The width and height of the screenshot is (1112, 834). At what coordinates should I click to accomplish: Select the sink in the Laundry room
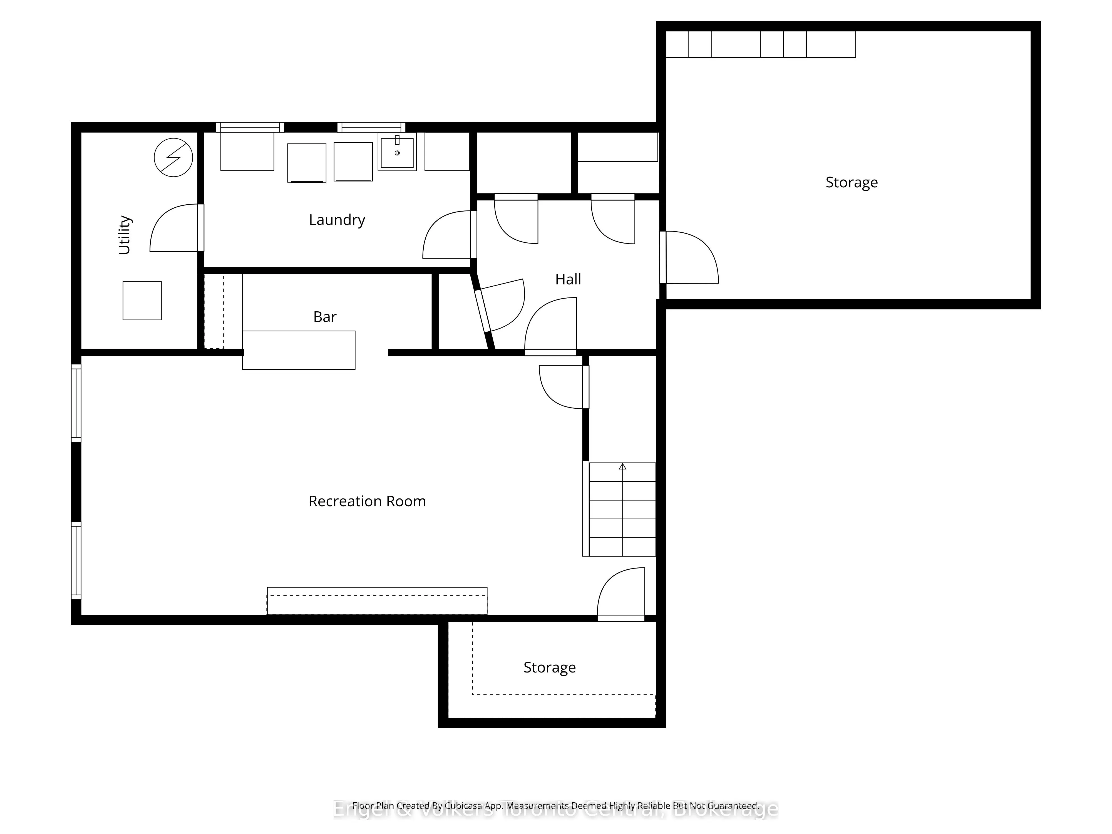pos(397,152)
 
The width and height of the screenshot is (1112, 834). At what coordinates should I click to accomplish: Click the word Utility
pos(124,235)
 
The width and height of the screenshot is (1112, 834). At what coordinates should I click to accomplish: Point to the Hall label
pos(568,279)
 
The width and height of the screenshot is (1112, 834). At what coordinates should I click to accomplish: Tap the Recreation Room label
pos(367,501)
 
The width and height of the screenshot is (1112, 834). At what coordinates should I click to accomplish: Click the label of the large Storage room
pos(852,182)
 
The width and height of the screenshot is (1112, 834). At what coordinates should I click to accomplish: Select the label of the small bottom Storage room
pos(549,667)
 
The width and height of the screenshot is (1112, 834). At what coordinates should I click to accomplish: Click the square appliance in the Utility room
pos(142,301)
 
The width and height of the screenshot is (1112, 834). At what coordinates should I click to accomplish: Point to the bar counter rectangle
pos(299,350)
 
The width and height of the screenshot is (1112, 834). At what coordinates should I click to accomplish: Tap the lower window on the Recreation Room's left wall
pos(76,560)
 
